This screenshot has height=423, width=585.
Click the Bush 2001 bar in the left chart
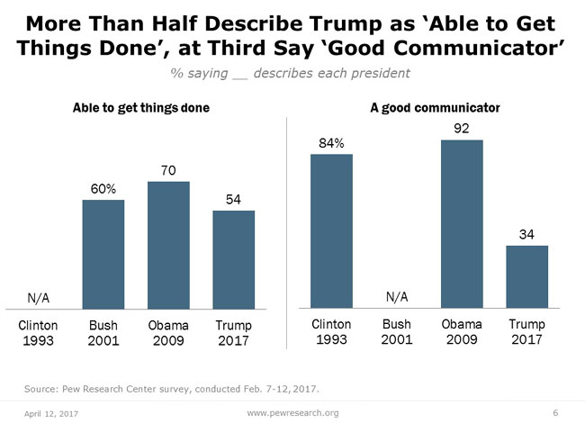pyautogui.click(x=103, y=255)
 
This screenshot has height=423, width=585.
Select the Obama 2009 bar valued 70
pyautogui.click(x=168, y=246)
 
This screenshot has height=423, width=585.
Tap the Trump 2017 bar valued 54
pyautogui.click(x=233, y=260)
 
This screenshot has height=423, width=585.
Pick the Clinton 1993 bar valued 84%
pyautogui.click(x=331, y=232)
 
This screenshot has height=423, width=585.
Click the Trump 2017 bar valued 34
pyautogui.click(x=526, y=277)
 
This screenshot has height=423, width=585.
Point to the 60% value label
pyautogui.click(x=103, y=188)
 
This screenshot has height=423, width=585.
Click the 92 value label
pyautogui.click(x=462, y=128)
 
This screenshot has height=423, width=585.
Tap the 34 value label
pyautogui.click(x=526, y=234)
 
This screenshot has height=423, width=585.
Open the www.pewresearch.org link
pyautogui.click(x=292, y=412)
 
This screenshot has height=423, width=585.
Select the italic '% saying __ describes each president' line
pyautogui.click(x=292, y=71)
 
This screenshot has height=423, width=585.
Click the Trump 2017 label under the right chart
pyautogui.click(x=526, y=332)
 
